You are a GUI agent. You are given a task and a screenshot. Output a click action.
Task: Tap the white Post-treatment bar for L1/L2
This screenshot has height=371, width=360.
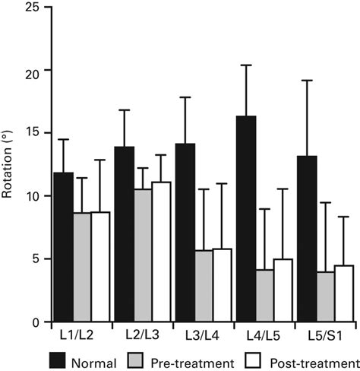(100, 267)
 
